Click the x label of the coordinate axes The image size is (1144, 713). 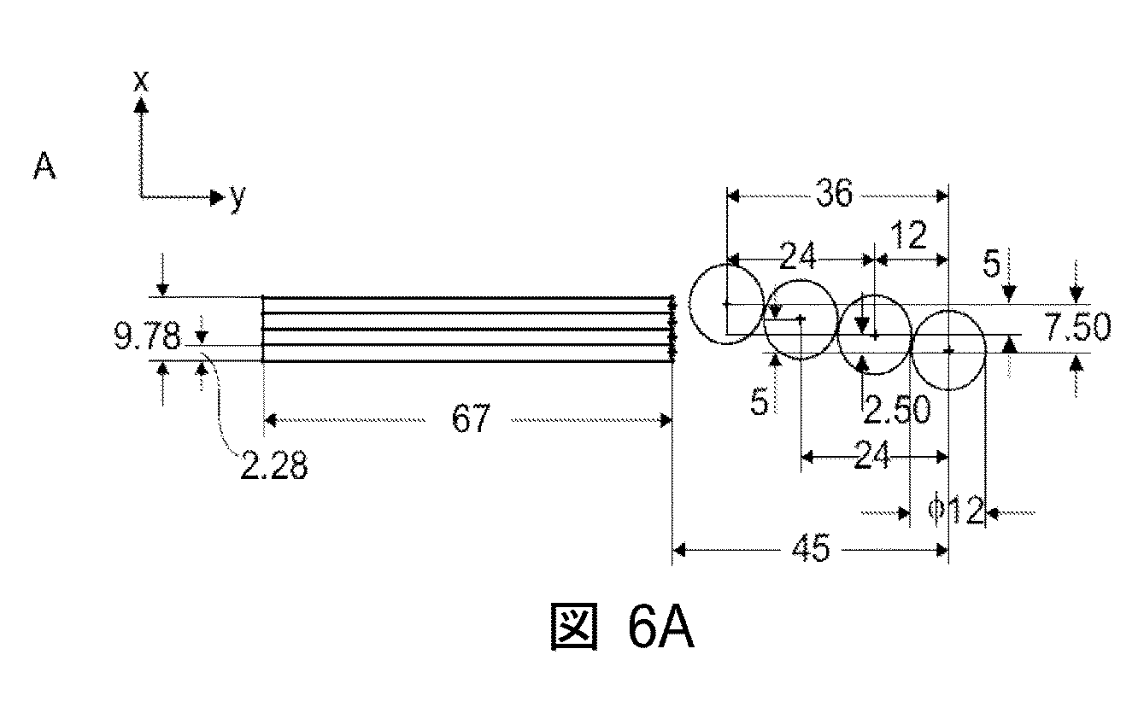pos(141,81)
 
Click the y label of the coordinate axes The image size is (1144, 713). pos(237,196)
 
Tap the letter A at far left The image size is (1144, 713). pos(44,167)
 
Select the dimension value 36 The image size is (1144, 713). pos(833,195)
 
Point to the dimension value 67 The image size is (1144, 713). pos(471,419)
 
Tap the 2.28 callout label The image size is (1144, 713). pos(273,467)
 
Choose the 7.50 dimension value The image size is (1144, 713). pos(1077,328)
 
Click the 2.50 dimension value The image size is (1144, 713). pos(895,411)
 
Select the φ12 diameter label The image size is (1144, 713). pos(955,512)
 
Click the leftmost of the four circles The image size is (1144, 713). pos(726,304)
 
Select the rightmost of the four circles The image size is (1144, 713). pos(949,350)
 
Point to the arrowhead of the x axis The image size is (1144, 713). pos(141,105)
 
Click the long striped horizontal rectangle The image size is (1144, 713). pos(466,330)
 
